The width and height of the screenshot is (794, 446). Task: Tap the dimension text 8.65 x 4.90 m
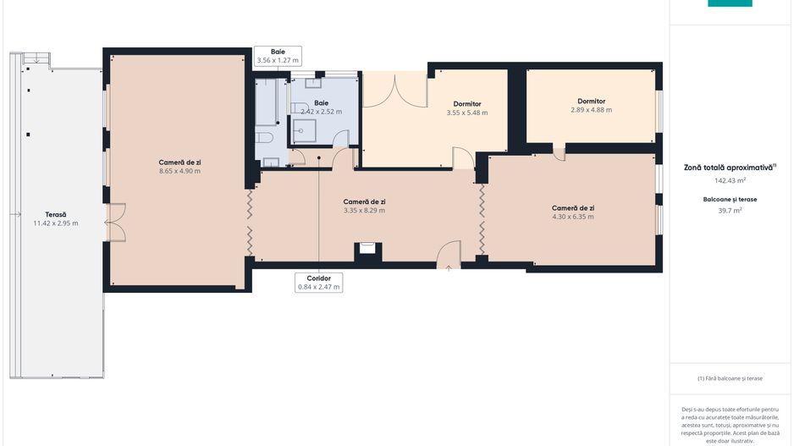[179, 171]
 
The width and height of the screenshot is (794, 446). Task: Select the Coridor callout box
[318, 283]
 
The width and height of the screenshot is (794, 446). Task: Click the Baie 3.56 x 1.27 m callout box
[278, 56]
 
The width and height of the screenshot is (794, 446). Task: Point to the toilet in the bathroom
[264, 137]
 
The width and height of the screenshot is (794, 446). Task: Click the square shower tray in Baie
[303, 130]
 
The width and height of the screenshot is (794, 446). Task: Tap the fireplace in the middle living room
[367, 248]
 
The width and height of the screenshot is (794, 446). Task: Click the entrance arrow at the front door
[448, 268]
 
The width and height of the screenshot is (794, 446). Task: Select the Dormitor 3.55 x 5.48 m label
[467, 108]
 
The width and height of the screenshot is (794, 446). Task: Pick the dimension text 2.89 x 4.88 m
[591, 110]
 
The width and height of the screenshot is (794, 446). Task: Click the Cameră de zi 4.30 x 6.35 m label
[573, 212]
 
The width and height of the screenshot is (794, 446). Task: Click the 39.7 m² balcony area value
[730, 210]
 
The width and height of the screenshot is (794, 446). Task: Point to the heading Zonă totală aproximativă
[730, 167]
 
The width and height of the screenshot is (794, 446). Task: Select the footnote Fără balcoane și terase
[730, 378]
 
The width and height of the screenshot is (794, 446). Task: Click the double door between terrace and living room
[115, 223]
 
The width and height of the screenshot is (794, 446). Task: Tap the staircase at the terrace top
[36, 58]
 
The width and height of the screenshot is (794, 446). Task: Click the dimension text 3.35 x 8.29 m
[364, 211]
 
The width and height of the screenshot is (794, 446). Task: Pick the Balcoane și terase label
[730, 200]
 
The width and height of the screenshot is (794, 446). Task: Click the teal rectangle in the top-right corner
[730, 3]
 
